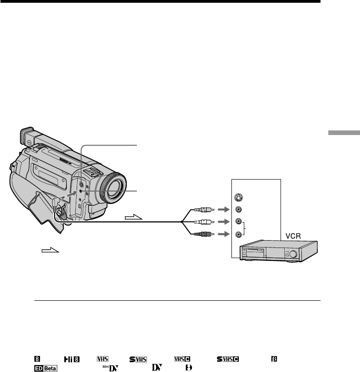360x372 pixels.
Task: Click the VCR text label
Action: click(293, 236)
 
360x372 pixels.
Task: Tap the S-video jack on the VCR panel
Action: click(239, 197)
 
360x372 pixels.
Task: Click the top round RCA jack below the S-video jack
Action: click(238, 209)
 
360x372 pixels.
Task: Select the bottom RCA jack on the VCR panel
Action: click(238, 234)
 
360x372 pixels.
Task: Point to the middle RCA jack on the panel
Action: click(238, 221)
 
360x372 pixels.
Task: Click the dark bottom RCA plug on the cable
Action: click(204, 234)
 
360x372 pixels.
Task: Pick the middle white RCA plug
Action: click(204, 222)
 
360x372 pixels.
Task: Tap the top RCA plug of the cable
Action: click(204, 209)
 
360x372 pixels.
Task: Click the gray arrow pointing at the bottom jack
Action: click(224, 234)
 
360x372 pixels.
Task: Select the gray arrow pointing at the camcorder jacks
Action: click(72, 194)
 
